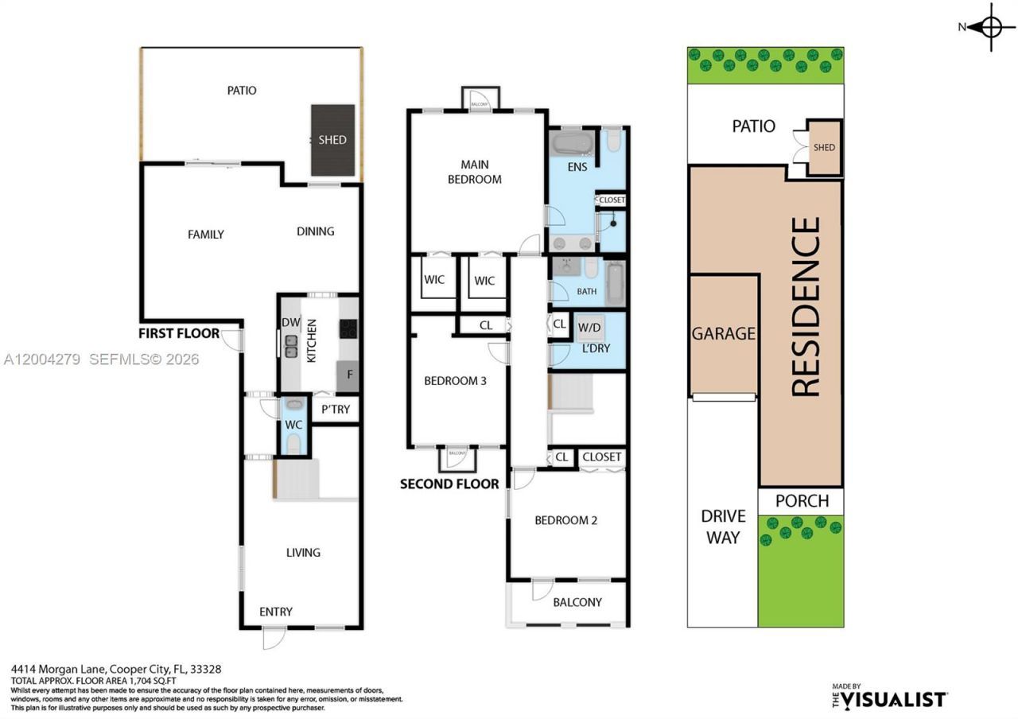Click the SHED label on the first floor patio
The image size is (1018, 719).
[332, 140]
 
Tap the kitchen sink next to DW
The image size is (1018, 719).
[291, 345]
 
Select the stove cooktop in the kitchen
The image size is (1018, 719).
[348, 328]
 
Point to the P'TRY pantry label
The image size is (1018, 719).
[335, 410]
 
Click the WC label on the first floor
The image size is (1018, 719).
[293, 425]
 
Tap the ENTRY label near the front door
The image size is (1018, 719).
[276, 612]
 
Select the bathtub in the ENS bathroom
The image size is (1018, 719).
[572, 145]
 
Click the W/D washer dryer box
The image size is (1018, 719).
[589, 327]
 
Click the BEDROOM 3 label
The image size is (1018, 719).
[455, 381]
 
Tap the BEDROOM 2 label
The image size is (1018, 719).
[565, 520]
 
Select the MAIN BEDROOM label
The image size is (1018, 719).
[475, 172]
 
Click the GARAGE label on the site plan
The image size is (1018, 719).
[723, 333]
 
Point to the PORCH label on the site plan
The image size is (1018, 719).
[802, 501]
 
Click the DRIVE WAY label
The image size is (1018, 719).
[723, 527]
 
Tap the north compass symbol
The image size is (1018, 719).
[991, 27]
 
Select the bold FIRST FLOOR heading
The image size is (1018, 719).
[179, 333]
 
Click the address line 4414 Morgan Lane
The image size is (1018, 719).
[116, 670]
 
